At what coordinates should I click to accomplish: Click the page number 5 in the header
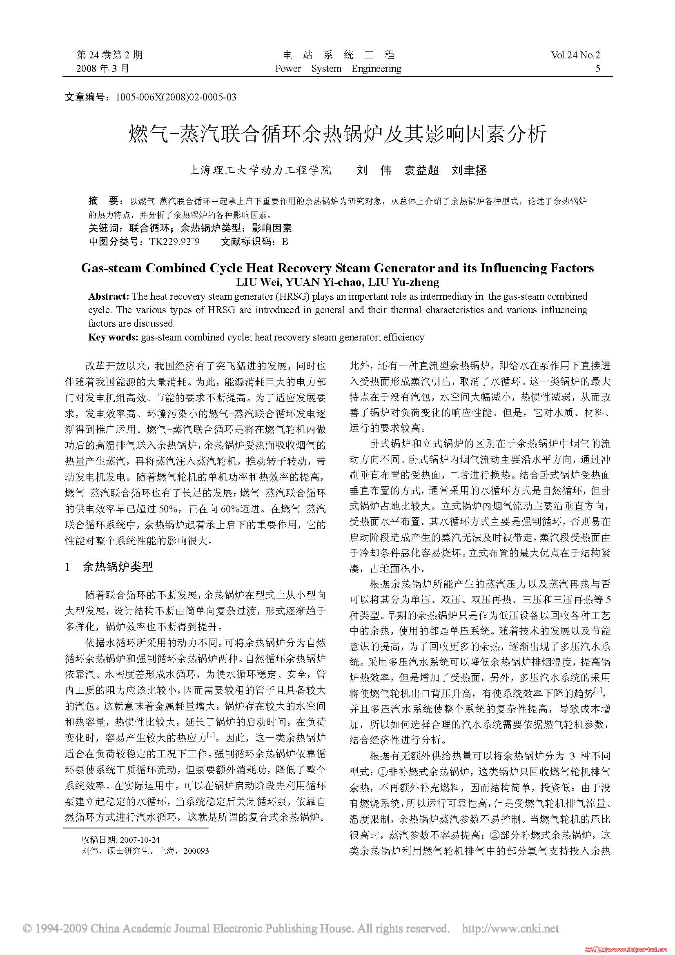(x=598, y=69)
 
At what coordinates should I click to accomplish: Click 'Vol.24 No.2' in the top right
(x=575, y=55)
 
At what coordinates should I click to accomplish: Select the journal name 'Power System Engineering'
(x=338, y=69)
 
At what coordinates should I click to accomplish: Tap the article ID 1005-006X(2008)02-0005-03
(x=176, y=97)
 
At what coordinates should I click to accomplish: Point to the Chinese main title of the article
(x=337, y=134)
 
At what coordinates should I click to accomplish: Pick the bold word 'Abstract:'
(x=109, y=296)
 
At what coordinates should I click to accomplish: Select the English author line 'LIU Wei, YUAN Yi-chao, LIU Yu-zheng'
(x=337, y=283)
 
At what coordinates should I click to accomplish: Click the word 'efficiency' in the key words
(x=403, y=337)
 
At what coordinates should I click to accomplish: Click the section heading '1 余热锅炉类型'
(x=109, y=567)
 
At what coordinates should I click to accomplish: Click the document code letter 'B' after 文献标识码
(x=285, y=242)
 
